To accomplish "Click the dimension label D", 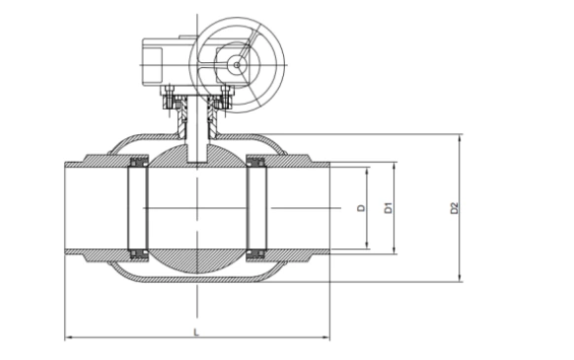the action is [x=362, y=208].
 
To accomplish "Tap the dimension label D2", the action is [x=455, y=208].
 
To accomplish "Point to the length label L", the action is [x=196, y=332].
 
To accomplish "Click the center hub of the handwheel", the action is [x=237, y=65].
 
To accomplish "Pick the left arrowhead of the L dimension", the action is [x=68, y=337].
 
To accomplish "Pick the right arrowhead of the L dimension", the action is [x=326, y=337].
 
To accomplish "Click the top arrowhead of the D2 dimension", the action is [x=461, y=137].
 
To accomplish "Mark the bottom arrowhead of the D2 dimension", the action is [x=461, y=279].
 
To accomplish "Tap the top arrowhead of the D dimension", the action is [x=367, y=171].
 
